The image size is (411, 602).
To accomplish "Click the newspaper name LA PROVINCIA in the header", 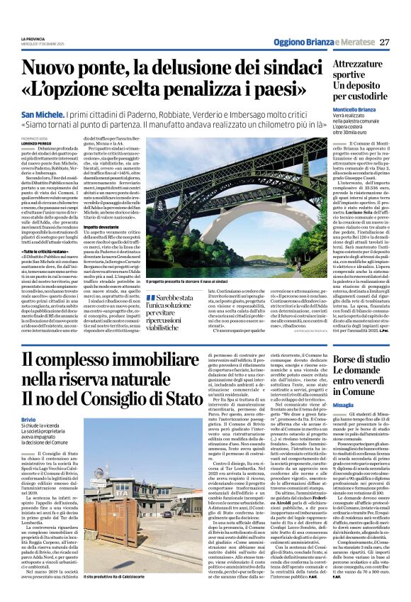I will pos(35,38).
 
